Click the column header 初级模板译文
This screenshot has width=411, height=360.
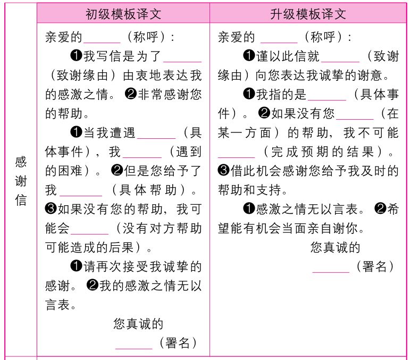[x=123, y=13]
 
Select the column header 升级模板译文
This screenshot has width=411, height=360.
[x=308, y=13]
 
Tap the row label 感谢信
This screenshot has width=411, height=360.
[x=20, y=181]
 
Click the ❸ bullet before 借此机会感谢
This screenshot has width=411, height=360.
[x=224, y=171]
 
